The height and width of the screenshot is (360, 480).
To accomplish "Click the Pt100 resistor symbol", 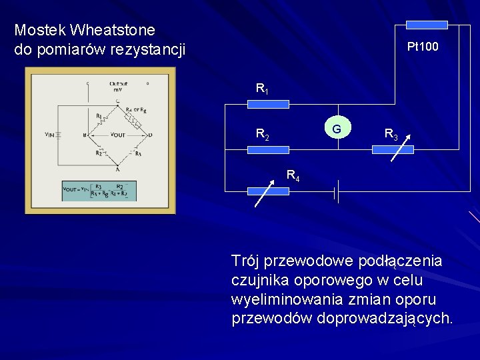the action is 427,25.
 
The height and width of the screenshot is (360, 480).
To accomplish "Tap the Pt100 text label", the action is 423,47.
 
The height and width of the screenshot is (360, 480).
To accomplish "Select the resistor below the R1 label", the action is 268,104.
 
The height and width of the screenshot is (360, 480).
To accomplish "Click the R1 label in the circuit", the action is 262,88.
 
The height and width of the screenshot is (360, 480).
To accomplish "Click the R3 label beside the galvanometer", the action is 391,135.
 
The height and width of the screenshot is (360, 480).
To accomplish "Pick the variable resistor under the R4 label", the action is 268,191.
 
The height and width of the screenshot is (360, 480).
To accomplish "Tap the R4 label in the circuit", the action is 293,176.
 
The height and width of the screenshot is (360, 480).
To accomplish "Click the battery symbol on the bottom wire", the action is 338,193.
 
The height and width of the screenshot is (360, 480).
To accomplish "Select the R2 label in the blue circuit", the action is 262,135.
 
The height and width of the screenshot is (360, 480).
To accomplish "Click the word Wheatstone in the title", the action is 113,30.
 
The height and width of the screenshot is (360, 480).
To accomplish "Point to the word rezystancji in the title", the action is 151,49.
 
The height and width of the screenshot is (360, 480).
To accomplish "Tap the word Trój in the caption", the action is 246,259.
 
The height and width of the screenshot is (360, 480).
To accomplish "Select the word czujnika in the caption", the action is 259,279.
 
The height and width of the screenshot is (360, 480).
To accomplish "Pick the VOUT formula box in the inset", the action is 99,190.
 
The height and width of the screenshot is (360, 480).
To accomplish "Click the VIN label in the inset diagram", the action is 50,135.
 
